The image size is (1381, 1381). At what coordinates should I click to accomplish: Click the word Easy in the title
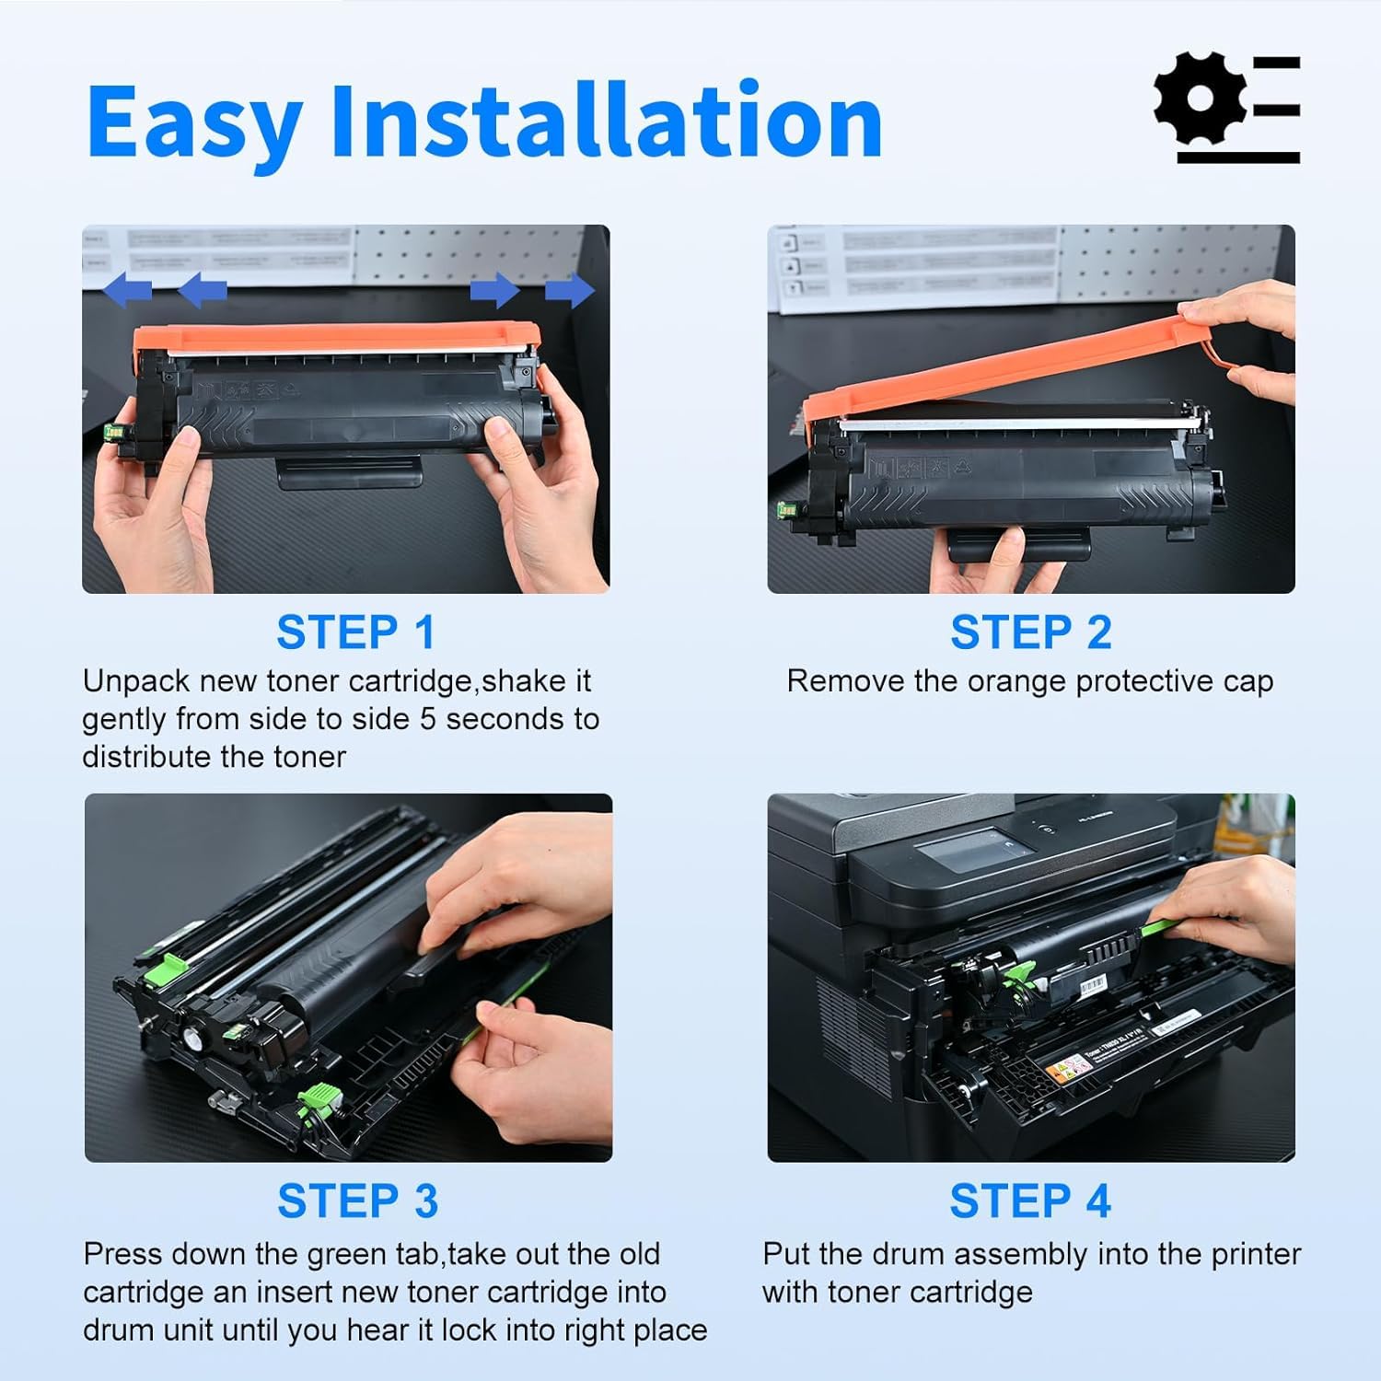[194, 122]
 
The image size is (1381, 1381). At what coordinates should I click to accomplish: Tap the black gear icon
[1200, 99]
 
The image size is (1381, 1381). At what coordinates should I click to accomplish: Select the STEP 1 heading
[355, 632]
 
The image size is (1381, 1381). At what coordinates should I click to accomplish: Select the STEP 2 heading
[1030, 632]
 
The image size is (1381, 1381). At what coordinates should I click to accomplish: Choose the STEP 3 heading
[357, 1201]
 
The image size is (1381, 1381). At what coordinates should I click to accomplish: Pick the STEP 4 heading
[1030, 1201]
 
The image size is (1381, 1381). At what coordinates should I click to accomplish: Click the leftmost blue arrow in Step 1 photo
[127, 290]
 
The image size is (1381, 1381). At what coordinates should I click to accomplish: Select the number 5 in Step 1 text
[427, 719]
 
